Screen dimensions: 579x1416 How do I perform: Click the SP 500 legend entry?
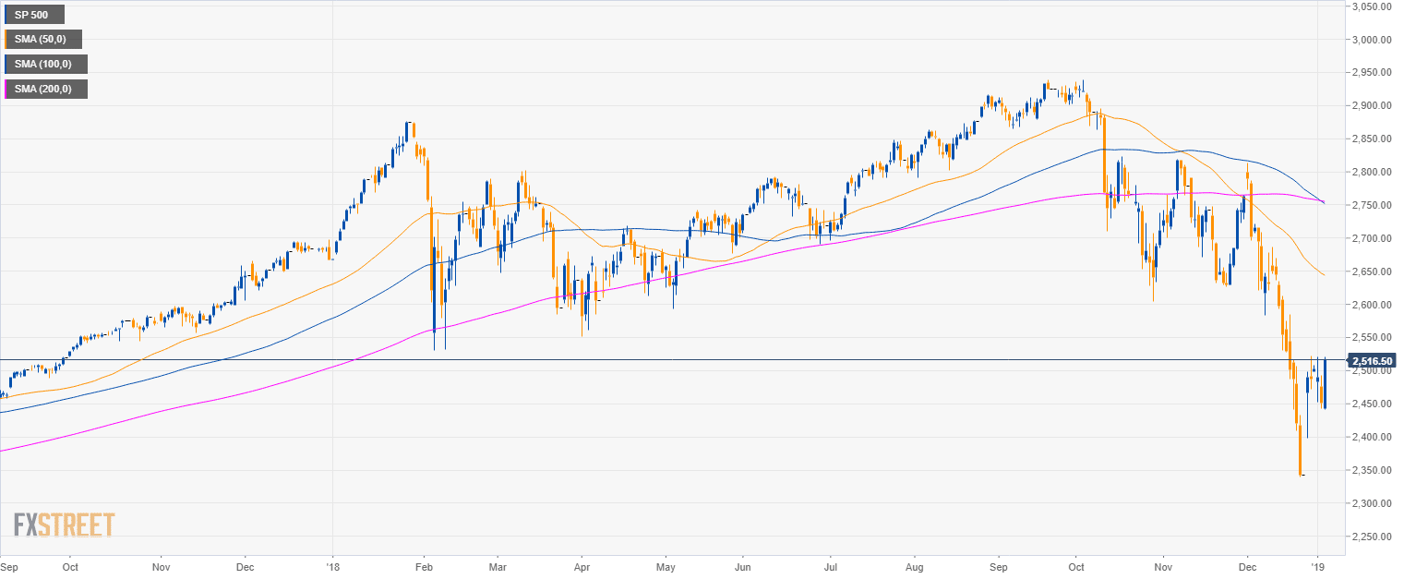tap(34, 15)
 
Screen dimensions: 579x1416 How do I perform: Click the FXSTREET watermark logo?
tap(65, 525)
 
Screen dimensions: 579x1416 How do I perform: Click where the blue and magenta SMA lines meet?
tap(1324, 202)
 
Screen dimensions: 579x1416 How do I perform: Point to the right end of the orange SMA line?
tap(1326, 275)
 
